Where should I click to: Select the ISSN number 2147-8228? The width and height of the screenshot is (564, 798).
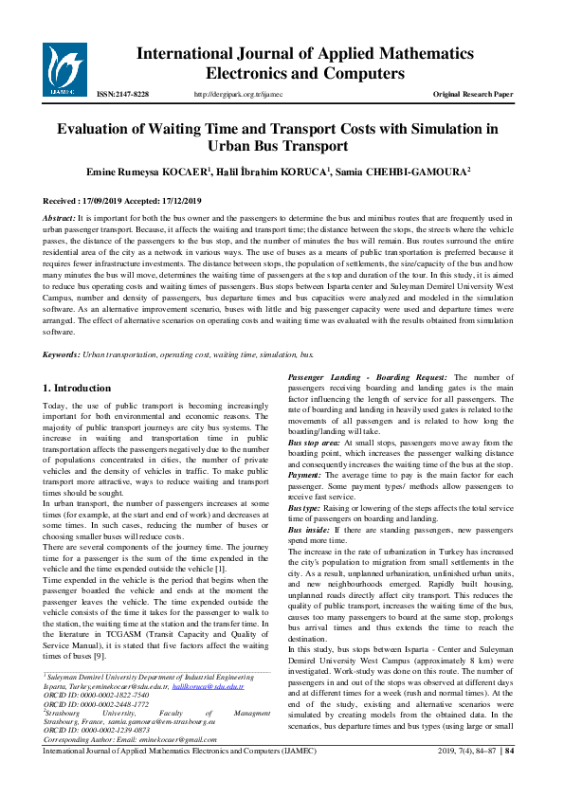[123, 95]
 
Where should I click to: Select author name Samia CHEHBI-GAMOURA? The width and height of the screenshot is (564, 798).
[390, 172]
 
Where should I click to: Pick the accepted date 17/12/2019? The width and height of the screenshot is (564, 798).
[173, 202]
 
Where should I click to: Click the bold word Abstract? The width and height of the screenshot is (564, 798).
[62, 219]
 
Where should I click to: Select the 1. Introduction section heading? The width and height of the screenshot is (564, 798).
[78, 388]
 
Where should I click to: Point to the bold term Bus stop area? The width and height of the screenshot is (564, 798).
[313, 443]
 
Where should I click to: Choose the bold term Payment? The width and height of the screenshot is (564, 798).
[305, 475]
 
